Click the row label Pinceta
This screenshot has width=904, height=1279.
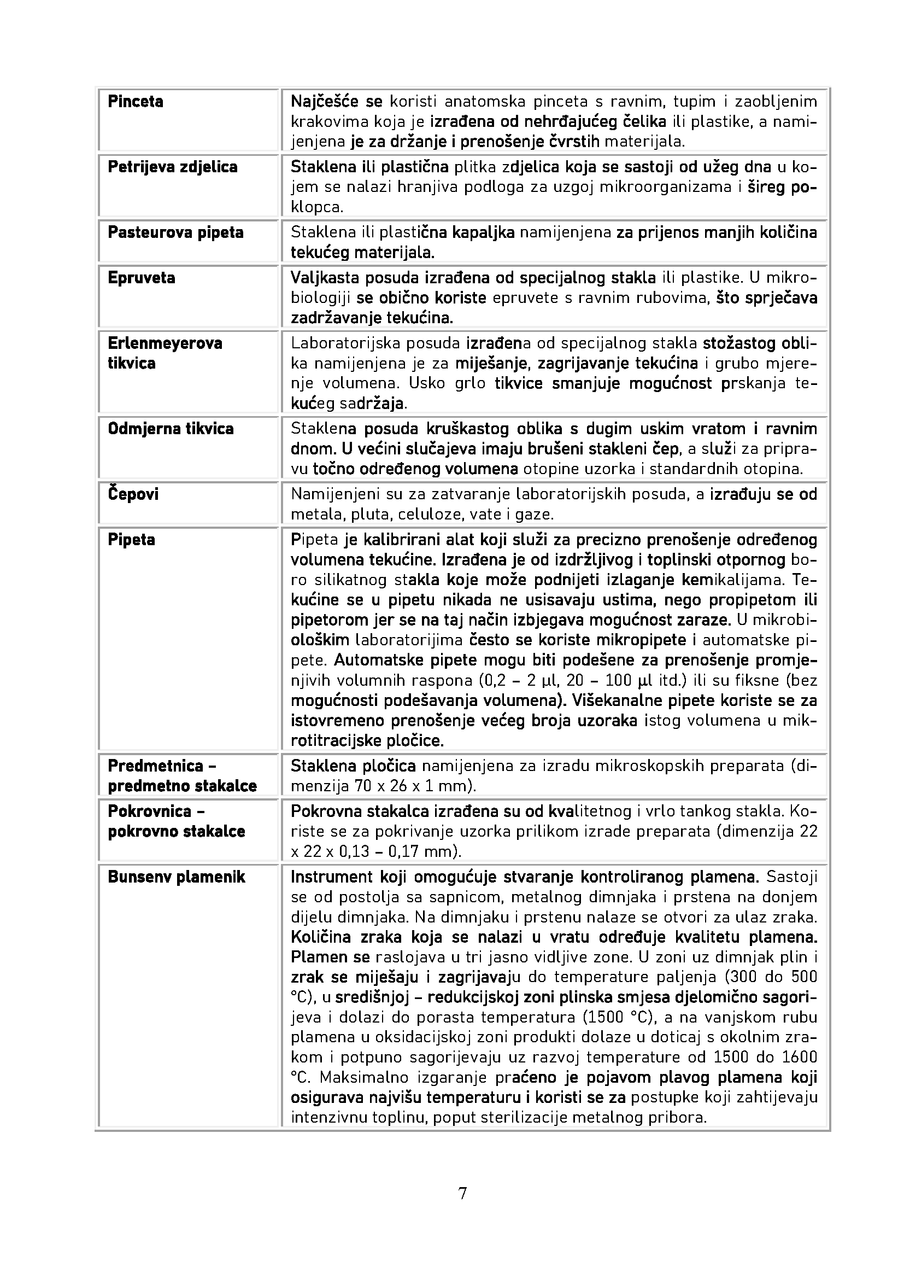coord(135,102)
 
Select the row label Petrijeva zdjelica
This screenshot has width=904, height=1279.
coord(173,167)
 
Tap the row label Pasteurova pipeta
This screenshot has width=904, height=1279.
coord(175,232)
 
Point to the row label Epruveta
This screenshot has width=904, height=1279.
coord(142,278)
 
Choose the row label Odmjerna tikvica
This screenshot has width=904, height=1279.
coord(171,429)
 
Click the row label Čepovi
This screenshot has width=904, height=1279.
coord(133,494)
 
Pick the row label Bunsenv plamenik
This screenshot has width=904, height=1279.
coord(177,877)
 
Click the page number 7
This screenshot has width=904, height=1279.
coord(462,1194)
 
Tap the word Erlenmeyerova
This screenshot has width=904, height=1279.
coord(165,343)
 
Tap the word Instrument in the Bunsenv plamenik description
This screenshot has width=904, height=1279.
coord(331,877)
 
